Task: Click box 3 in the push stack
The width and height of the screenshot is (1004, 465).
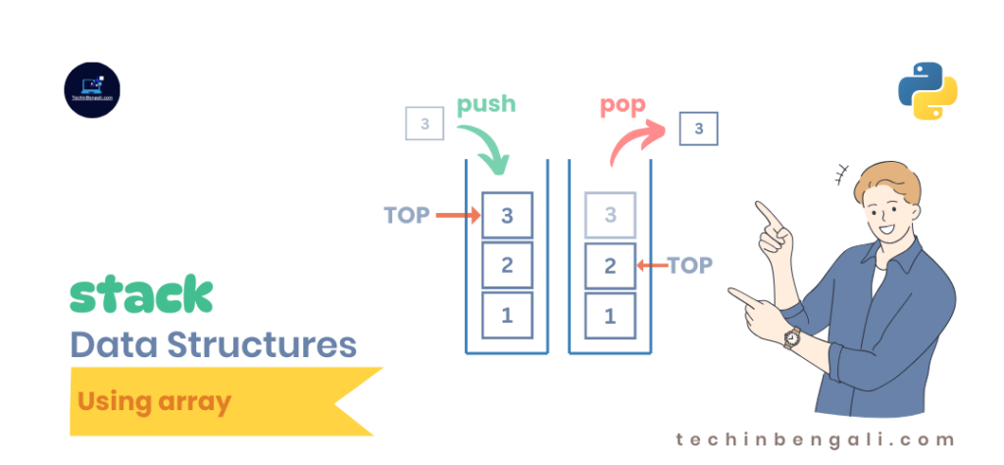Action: (x=507, y=215)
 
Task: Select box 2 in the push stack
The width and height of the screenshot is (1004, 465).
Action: (x=507, y=265)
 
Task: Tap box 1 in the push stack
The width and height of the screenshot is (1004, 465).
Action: (x=507, y=316)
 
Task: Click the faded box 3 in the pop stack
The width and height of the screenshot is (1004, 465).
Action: (x=610, y=215)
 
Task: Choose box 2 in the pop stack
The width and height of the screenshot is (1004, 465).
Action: (x=610, y=265)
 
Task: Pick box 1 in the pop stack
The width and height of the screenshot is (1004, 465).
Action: (x=610, y=316)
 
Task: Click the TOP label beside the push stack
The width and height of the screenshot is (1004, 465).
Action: (x=407, y=215)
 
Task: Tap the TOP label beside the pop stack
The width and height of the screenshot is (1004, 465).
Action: (x=690, y=265)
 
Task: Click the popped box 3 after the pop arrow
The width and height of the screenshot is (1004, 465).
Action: (x=698, y=129)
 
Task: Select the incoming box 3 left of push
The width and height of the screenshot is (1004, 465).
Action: (x=425, y=125)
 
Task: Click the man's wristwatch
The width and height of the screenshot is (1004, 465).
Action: (x=790, y=336)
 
